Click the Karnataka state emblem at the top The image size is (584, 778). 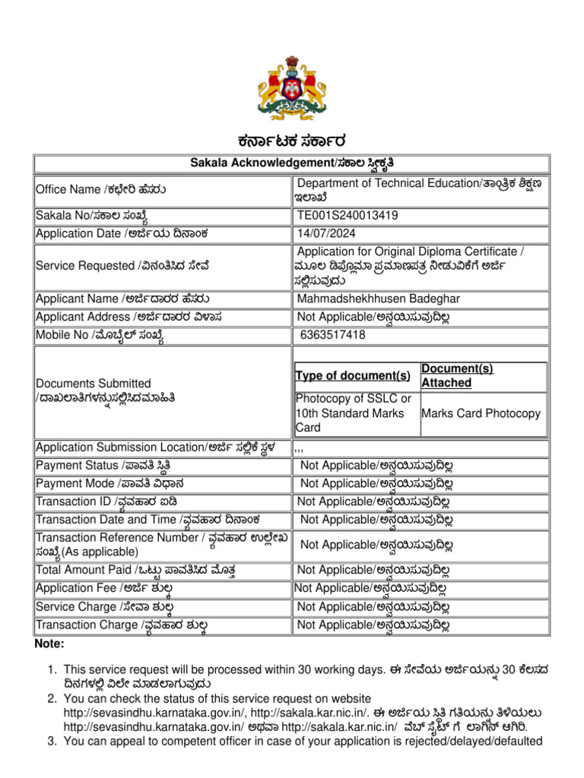tap(292, 86)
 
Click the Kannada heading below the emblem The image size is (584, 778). tap(292, 141)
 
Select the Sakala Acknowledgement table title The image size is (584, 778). tap(291, 163)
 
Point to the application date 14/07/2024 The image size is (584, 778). tap(327, 233)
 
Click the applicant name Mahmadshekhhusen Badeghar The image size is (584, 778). tap(379, 299)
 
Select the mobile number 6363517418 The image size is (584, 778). tap(333, 334)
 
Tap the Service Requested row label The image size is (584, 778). tap(122, 265)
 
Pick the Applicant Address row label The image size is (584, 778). tap(129, 316)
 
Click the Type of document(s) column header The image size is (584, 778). tap(354, 376)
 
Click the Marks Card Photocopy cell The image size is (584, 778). tap(481, 414)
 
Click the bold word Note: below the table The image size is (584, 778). tap(50, 644)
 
